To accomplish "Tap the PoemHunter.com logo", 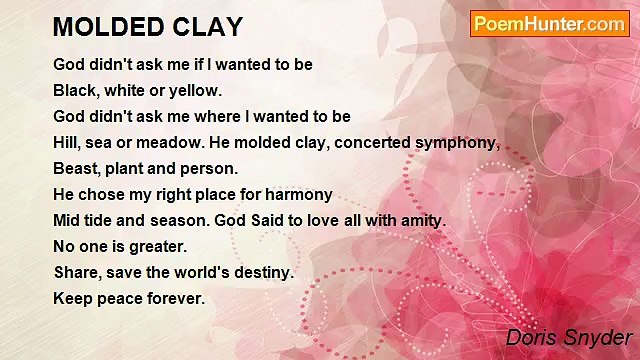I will (549, 24).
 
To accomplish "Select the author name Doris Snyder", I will (568, 337).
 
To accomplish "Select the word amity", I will (419, 220).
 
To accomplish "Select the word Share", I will (76, 272).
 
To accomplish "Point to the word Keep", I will (72, 298).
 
